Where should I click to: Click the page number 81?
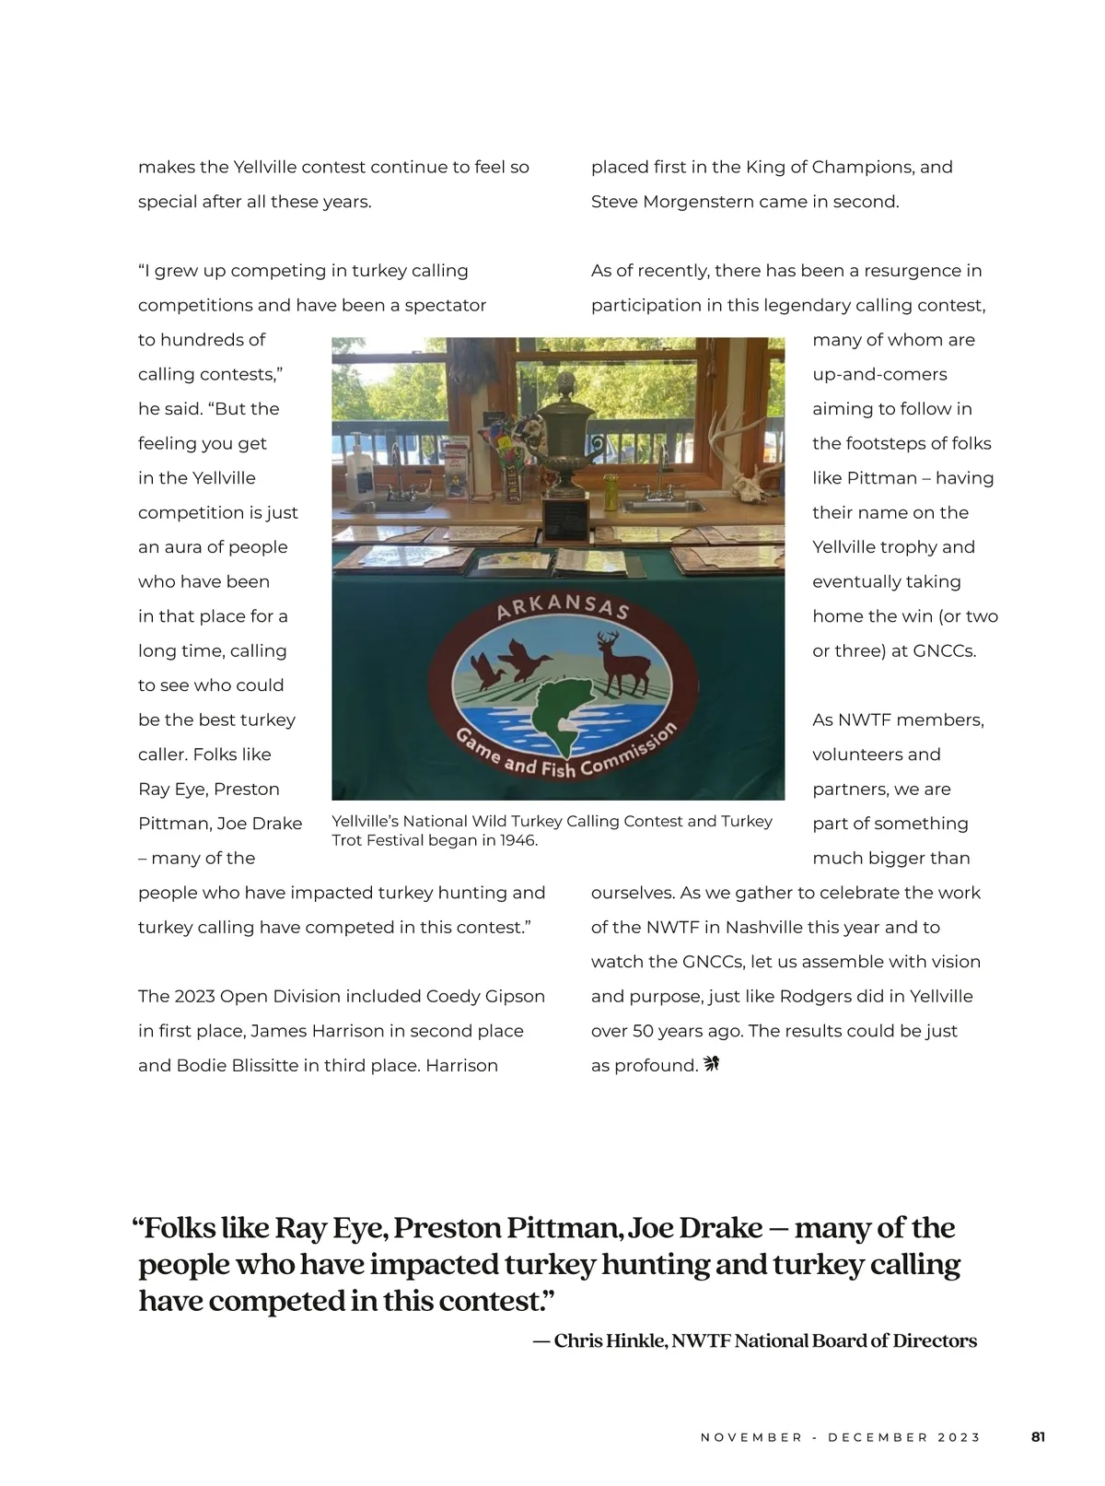coord(1038,1437)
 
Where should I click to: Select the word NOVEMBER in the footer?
coord(751,1437)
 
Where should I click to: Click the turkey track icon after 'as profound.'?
coord(711,1065)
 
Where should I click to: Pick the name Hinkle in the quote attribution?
coord(635,1340)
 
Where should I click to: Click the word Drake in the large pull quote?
coord(720,1228)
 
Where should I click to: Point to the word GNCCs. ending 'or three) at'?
coord(944,650)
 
